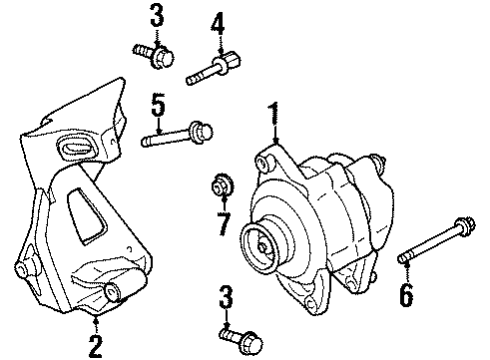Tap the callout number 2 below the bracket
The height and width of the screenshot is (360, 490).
coord(94,346)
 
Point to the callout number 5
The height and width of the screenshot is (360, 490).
coord(156,102)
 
